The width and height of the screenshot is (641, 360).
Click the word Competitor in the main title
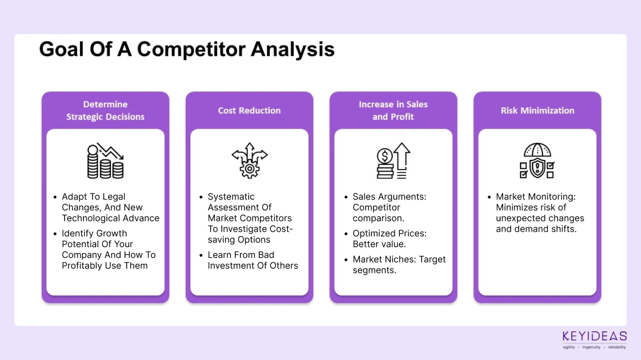click(x=191, y=50)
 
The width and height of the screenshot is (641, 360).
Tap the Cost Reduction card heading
click(x=249, y=110)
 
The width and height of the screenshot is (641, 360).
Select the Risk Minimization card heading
click(x=538, y=110)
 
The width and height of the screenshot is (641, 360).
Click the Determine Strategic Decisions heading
click(x=106, y=110)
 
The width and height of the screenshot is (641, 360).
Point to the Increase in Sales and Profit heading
click(x=393, y=110)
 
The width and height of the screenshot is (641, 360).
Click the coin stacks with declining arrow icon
click(x=105, y=161)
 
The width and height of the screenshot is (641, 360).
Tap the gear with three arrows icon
click(x=249, y=161)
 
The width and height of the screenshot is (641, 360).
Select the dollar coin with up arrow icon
click(x=393, y=161)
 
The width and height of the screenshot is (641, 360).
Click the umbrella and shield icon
click(x=537, y=161)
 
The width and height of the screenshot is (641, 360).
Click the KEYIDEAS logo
click(x=594, y=340)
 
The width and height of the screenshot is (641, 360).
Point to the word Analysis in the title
click(x=292, y=50)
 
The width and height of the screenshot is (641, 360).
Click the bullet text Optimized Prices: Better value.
click(x=390, y=238)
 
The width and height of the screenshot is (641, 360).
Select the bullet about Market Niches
click(x=399, y=264)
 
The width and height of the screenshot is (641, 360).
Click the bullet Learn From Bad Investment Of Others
click(x=252, y=260)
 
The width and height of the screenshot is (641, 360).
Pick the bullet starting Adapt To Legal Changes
click(x=110, y=207)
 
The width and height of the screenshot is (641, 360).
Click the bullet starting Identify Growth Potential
click(x=109, y=250)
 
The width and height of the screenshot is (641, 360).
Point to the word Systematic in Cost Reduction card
click(x=231, y=197)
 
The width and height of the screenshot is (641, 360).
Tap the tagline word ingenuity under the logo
click(x=591, y=347)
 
